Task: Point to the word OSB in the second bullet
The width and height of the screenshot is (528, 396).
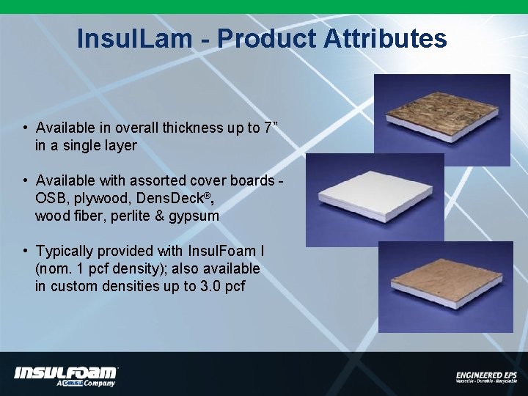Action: click(50, 199)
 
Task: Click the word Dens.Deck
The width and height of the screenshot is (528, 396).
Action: click(168, 199)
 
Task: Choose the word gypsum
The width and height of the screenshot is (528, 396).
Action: click(194, 216)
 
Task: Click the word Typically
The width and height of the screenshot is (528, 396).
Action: click(65, 252)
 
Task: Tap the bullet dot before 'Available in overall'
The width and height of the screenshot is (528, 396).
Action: click(25, 128)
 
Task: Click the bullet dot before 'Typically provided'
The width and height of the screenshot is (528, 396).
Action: click(25, 252)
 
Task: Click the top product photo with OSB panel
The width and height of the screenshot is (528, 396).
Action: click(441, 110)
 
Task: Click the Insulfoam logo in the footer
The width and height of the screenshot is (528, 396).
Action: click(66, 375)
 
